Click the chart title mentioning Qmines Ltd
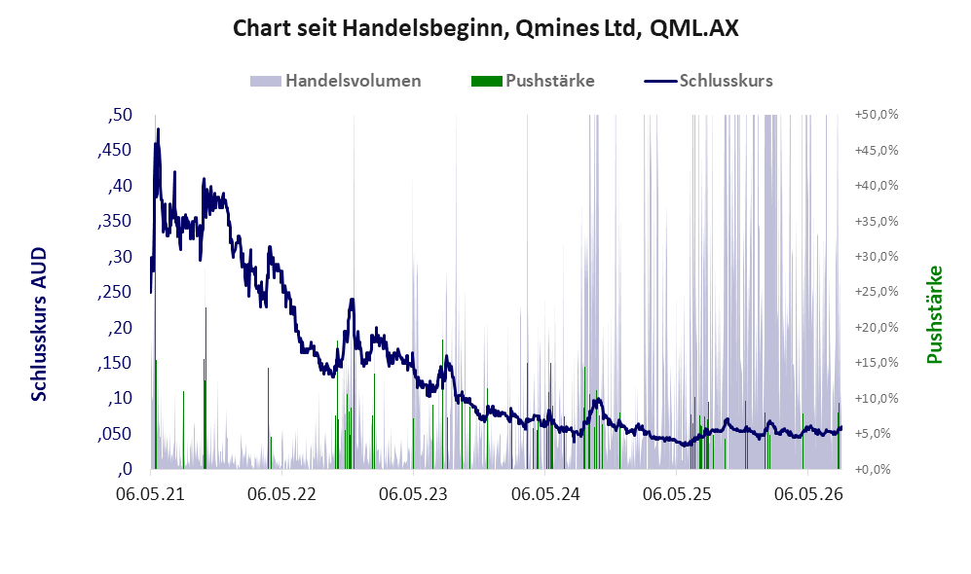[485, 28]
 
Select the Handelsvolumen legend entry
[336, 81]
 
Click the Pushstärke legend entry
[533, 81]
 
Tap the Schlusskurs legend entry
[708, 81]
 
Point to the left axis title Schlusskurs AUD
[38, 324]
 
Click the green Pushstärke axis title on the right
[934, 315]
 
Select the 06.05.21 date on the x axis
[151, 494]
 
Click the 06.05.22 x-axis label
[281, 494]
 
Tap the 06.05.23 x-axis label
[413, 494]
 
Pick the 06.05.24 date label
[545, 494]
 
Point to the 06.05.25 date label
[677, 494]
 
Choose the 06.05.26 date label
[808, 494]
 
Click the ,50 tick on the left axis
[120, 115]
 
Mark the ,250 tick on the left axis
[115, 292]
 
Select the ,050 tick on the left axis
[115, 434]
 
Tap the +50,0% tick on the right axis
[877, 115]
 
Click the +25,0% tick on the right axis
[877, 291]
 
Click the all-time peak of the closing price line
[158, 129]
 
